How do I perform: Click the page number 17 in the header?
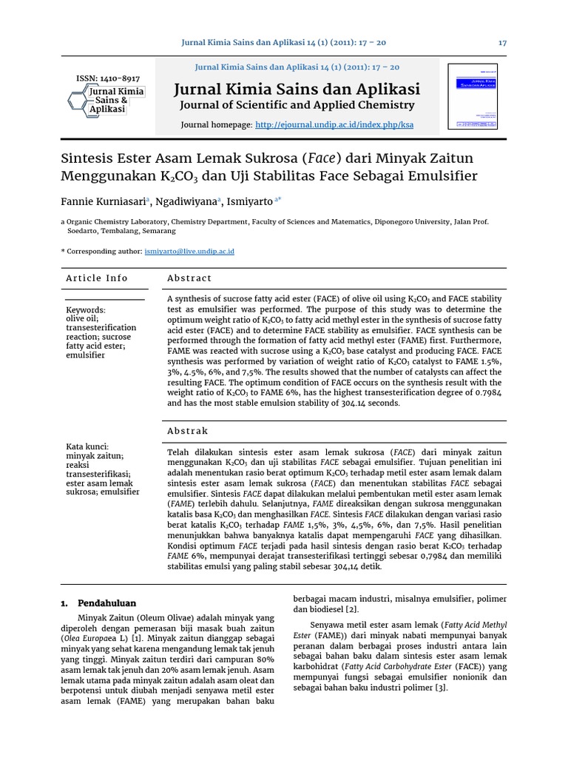502,43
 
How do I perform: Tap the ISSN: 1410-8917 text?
108,78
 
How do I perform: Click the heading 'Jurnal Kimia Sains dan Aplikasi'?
297,90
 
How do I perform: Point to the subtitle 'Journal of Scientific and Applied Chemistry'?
297,106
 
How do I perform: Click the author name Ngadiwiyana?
190,201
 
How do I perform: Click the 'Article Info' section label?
97,278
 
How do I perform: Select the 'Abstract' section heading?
189,278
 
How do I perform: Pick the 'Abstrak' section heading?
188,431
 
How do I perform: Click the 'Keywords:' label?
86,310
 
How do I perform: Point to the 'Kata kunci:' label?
87,447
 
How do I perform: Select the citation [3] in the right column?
441,688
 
